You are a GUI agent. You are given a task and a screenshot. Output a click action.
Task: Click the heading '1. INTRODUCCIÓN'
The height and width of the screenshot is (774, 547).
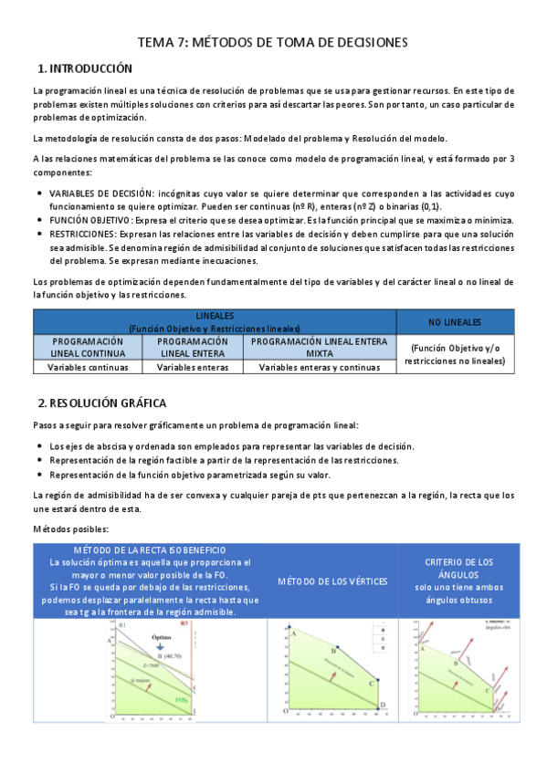pos(86,68)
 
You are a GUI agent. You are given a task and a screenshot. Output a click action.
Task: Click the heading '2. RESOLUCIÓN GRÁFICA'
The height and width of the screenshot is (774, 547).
pos(102,403)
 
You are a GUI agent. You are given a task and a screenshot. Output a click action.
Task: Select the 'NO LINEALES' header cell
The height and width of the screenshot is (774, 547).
pos(454,322)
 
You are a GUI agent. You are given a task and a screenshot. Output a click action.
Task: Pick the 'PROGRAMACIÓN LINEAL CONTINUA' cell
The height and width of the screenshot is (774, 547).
pos(88,347)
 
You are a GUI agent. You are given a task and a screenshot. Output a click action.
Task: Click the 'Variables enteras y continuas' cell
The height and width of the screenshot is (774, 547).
pos(319,368)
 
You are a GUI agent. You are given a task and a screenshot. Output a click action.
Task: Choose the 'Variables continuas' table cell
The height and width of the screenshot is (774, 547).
pos(88,368)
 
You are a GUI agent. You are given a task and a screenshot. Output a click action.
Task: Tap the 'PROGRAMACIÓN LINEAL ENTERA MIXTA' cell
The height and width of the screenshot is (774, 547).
pos(319,347)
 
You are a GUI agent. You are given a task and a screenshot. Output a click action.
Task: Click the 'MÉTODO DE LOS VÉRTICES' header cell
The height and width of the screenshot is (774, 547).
pos(332,581)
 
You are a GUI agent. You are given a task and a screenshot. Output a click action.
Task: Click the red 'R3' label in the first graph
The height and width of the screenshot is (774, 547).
pos(184,624)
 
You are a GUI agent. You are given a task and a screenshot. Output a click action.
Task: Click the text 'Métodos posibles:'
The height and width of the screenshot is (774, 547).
pos(71,529)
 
